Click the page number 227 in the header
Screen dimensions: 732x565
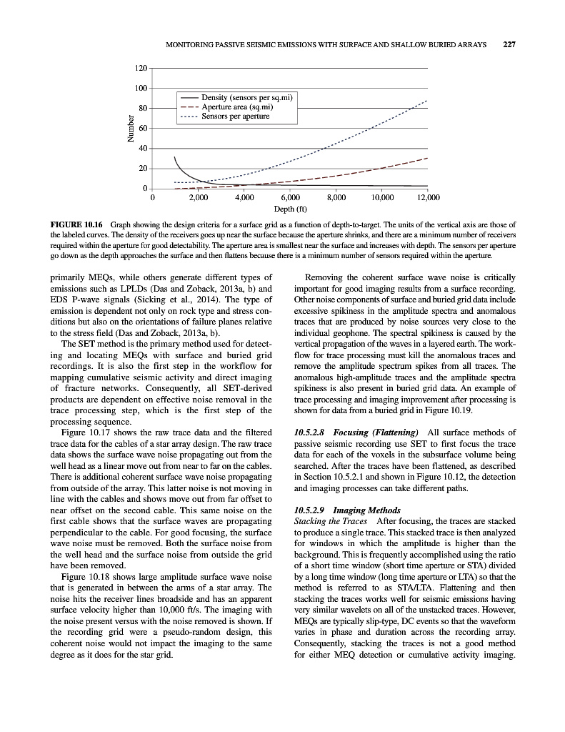tap(509, 44)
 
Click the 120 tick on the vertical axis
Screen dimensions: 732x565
tap(141, 68)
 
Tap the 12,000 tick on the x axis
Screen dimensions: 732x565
tap(428, 197)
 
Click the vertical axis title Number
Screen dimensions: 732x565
tap(130, 129)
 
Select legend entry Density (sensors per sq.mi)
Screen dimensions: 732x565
tap(249, 97)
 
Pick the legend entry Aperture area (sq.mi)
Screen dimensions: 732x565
tap(237, 107)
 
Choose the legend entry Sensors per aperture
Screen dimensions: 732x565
tap(236, 116)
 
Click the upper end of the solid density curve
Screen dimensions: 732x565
tap(174, 157)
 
